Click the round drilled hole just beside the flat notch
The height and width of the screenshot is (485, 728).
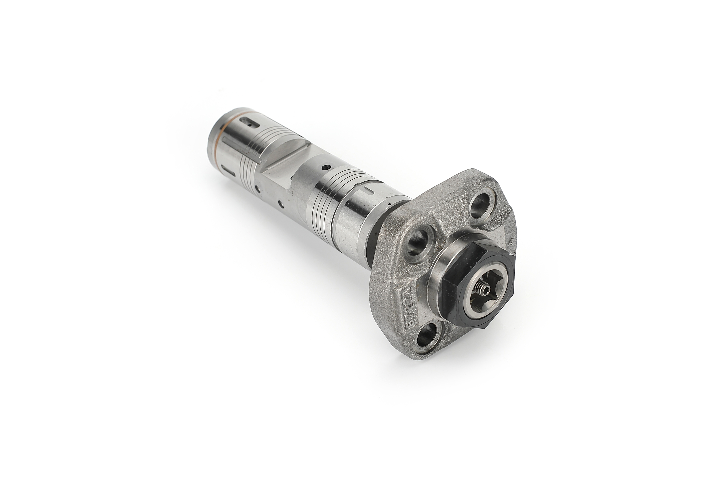coord(324,167)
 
